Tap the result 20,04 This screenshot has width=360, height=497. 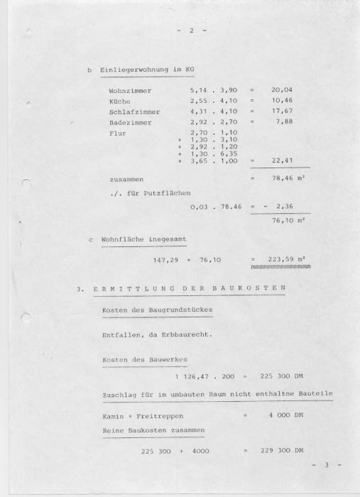pyautogui.click(x=282, y=92)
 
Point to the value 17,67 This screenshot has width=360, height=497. pyautogui.click(x=282, y=111)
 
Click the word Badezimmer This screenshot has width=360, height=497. pyautogui.click(x=130, y=122)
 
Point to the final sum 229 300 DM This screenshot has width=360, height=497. pyautogui.click(x=285, y=451)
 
